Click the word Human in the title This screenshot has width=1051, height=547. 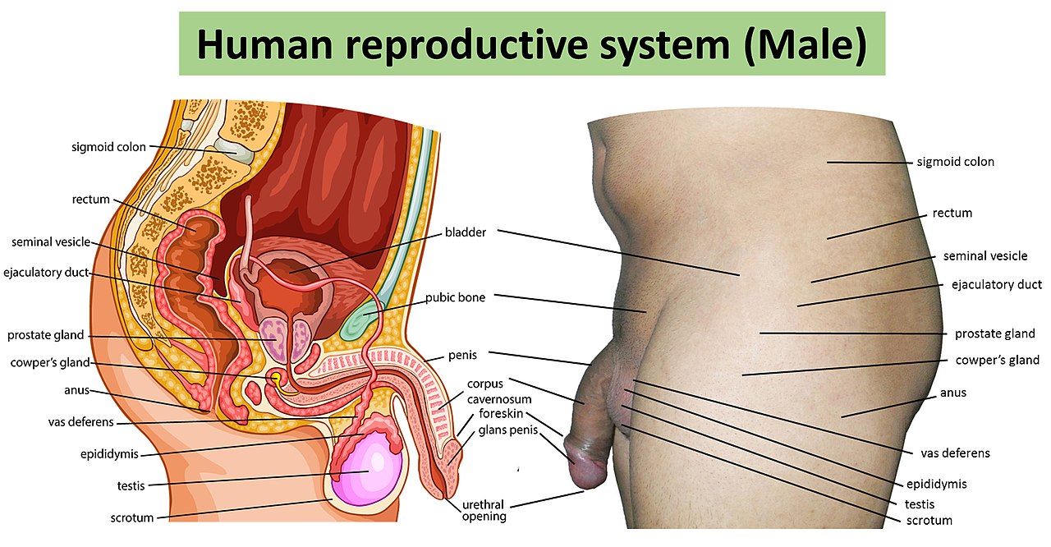[264, 44]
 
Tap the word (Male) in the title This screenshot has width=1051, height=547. [805, 45]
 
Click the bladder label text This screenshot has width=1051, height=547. [466, 232]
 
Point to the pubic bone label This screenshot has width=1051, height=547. [455, 297]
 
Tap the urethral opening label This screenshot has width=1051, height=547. [484, 510]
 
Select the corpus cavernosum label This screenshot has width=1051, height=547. [499, 391]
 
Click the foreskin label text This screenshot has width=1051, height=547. [501, 413]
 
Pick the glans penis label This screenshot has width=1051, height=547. [508, 430]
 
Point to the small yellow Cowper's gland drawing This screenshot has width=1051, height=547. [277, 379]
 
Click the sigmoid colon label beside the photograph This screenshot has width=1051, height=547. [955, 162]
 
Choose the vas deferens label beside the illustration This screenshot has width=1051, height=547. [80, 422]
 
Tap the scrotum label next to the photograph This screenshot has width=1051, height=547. [929, 521]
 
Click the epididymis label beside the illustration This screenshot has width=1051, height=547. [109, 454]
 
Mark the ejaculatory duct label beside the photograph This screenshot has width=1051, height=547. [997, 285]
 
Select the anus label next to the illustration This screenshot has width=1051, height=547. [76, 390]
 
